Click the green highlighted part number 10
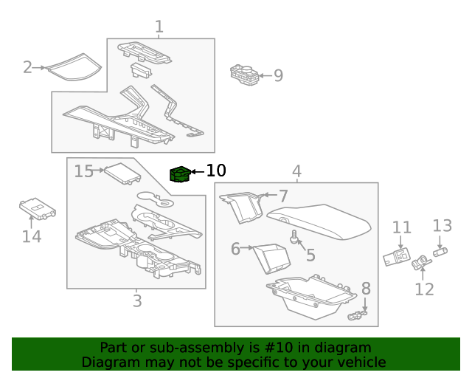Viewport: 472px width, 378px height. coord(179,174)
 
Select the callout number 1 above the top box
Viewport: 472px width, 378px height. coord(159,27)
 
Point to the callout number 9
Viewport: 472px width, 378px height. coord(278,75)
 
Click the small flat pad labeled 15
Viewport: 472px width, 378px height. coord(122,173)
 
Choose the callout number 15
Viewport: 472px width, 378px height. coord(84,171)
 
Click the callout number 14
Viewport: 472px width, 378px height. coord(31,236)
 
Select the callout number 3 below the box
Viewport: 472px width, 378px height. coord(137,300)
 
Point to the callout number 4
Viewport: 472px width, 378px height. coord(296,172)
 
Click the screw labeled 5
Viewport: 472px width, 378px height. coord(295,237)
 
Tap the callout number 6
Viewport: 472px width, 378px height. coord(235,249)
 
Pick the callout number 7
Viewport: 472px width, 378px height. coord(283,196)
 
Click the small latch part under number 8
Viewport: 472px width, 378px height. coord(357,316)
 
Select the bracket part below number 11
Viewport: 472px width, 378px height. coord(396,257)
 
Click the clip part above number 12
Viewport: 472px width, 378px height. coord(423,261)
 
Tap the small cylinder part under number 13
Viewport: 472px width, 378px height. coord(441,252)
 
